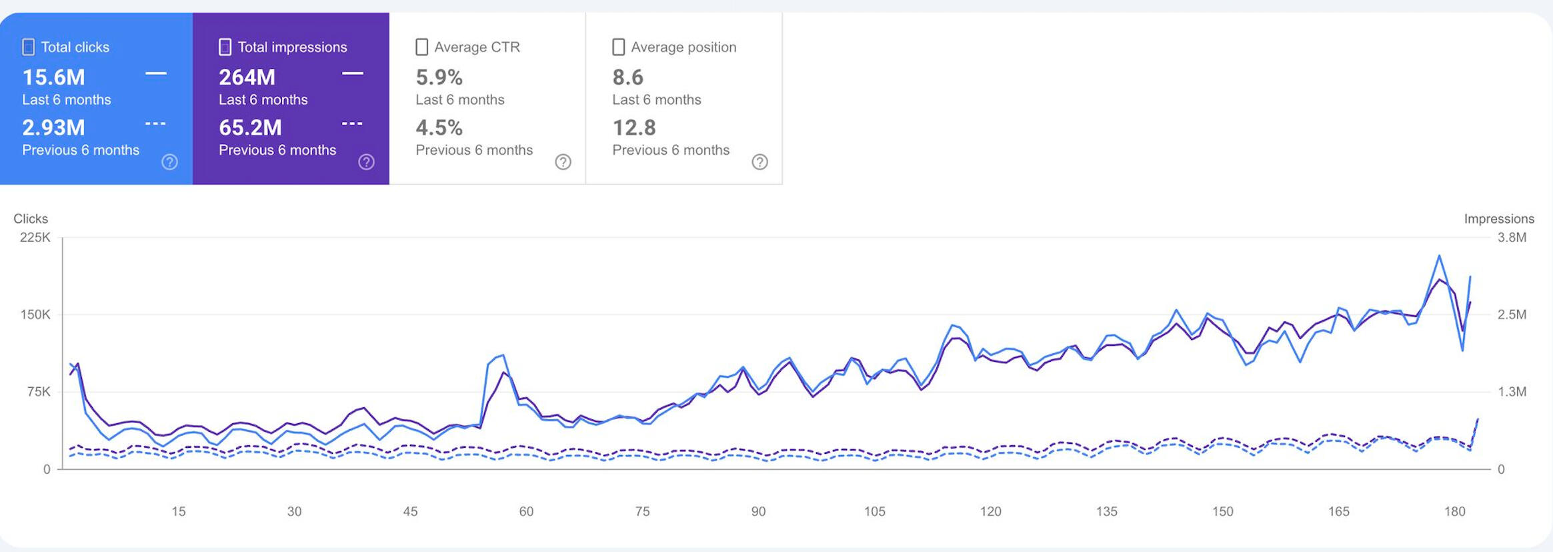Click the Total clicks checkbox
pos(29,47)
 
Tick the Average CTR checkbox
pos(421,47)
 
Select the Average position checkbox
pos(618,47)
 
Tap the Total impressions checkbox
pos(225,47)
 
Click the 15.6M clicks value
pos(54,77)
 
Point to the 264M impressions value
pos(247,77)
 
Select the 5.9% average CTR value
pos(439,77)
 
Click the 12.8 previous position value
pos(634,127)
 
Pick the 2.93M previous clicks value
pos(54,127)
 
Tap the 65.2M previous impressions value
pos(251,127)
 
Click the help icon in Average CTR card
pos(563,162)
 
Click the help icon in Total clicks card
pos(170,162)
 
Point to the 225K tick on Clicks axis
pos(35,238)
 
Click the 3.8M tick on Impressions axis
pos(1512,238)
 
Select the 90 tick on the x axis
pos(758,511)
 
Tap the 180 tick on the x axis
pos(1455,511)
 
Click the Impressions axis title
pos(1499,219)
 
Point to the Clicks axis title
pos(31,219)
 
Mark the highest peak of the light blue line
pos(1439,256)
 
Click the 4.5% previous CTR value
pos(439,127)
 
